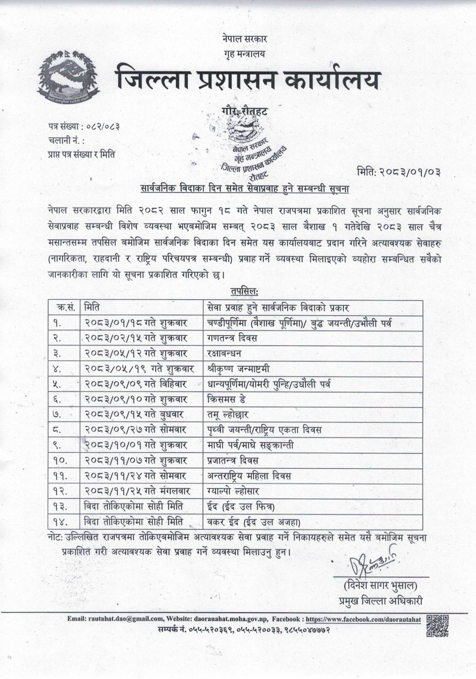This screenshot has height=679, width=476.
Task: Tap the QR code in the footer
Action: [438, 626]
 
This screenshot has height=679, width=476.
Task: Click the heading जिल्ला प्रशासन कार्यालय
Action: [248, 81]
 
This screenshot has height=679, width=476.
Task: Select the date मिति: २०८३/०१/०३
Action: [399, 171]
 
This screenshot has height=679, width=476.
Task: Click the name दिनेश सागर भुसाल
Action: [380, 586]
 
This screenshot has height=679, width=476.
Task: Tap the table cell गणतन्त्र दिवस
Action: [232, 338]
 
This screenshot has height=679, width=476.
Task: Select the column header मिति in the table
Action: [92, 307]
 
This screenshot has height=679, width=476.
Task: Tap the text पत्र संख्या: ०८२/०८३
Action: [84, 125]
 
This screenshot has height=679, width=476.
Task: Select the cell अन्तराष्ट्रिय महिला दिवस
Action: [249, 476]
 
